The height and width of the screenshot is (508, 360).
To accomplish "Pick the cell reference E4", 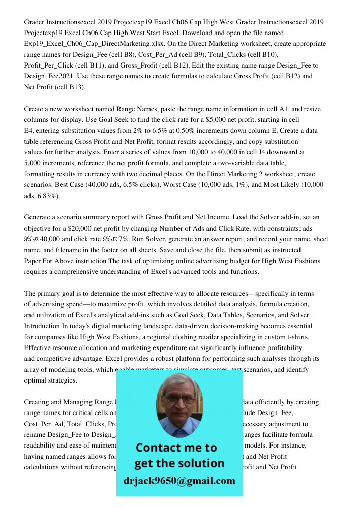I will pos(29,131).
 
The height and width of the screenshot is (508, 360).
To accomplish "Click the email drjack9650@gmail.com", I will pos(179,480).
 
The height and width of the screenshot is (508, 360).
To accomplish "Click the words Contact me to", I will pos(176,448).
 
